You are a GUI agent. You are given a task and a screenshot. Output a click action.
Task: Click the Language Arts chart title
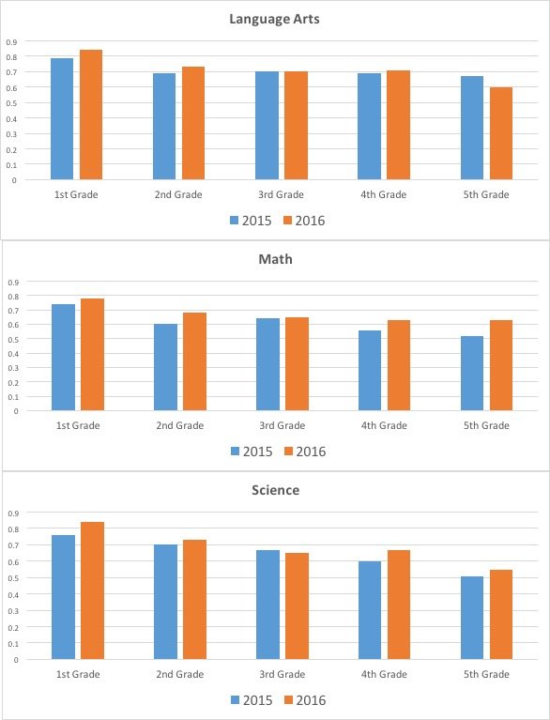[275, 19]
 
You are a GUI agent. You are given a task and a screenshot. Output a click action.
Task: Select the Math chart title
[275, 259]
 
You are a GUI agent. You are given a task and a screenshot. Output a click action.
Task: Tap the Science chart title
[275, 490]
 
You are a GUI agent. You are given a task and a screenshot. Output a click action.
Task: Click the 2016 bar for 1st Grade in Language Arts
[91, 115]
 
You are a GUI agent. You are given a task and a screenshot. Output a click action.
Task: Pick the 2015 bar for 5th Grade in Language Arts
[472, 128]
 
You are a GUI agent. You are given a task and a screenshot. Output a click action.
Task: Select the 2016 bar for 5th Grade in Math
[501, 365]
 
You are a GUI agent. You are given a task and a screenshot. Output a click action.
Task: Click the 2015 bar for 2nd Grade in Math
[165, 367]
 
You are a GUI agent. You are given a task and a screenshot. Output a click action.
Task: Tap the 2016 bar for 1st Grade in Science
[92, 590]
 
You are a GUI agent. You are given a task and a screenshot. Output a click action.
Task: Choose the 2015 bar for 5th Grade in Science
[472, 618]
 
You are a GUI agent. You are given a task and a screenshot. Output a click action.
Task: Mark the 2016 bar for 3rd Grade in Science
[297, 606]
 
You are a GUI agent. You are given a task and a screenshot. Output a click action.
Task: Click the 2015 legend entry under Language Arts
[251, 221]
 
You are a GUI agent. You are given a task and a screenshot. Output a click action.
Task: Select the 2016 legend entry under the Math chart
[305, 452]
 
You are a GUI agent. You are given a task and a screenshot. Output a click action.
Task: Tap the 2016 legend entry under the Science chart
[305, 700]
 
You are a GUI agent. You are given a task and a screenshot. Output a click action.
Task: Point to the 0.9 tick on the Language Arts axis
[11, 42]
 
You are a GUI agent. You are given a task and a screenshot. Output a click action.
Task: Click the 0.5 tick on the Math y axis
[13, 339]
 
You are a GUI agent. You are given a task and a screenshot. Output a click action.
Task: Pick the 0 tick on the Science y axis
[16, 660]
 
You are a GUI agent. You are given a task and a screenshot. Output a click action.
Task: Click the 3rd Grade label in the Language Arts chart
[281, 194]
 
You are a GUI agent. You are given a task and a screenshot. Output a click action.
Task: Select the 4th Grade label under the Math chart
[384, 425]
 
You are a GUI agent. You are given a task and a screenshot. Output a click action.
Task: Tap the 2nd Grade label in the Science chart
[180, 675]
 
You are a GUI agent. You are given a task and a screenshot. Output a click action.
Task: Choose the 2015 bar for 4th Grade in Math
[370, 370]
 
